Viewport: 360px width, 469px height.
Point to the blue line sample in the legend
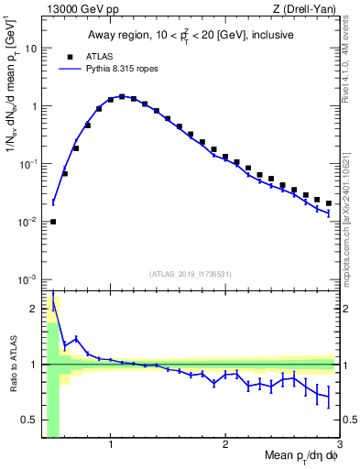tap(67, 69)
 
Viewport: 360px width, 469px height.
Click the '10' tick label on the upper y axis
tap(30, 49)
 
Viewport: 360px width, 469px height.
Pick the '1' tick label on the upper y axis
tap(33, 106)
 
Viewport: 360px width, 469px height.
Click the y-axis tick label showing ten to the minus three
tap(27, 279)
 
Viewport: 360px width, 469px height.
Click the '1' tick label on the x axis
tap(111, 445)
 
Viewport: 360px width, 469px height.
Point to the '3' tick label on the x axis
tap(339, 445)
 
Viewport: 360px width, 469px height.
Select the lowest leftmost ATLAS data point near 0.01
tap(53, 222)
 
